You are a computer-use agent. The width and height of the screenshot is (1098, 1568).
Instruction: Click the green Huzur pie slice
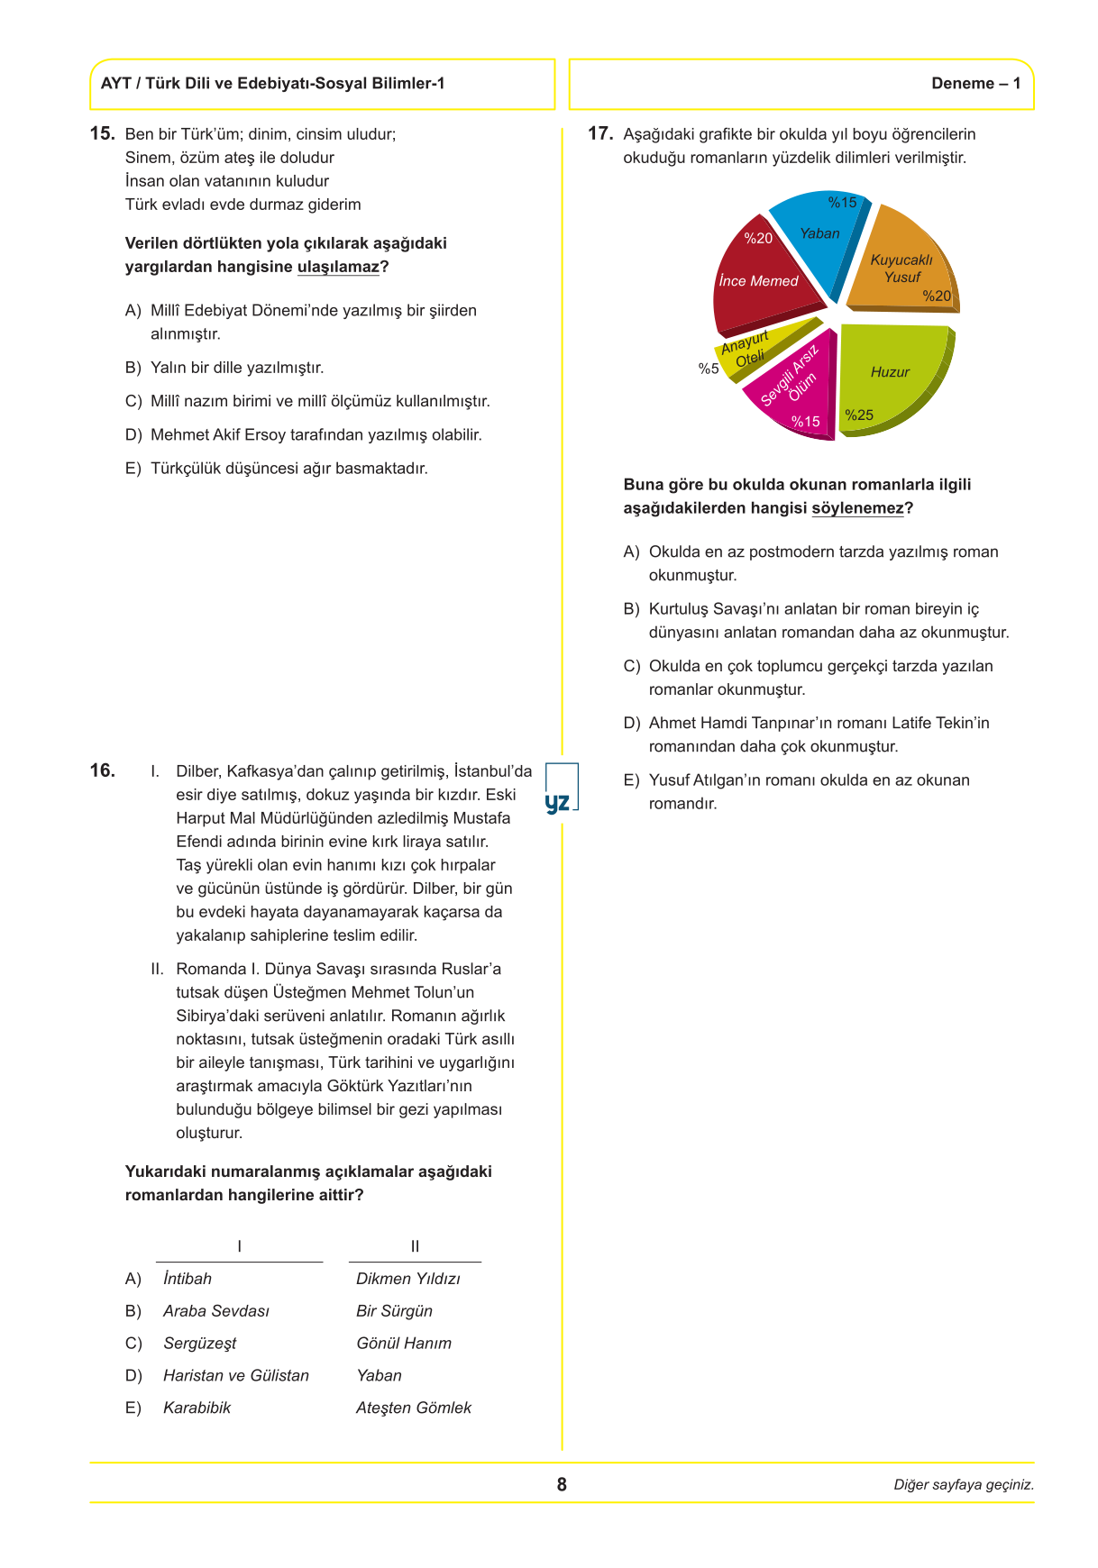click(x=892, y=374)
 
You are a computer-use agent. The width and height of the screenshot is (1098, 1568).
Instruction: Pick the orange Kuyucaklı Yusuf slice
click(x=906, y=266)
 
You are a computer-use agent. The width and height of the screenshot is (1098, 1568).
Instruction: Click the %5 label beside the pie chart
click(x=709, y=369)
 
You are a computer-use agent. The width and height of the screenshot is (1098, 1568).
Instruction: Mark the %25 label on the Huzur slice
click(x=859, y=415)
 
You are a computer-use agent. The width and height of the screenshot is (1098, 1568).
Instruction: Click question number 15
click(x=102, y=133)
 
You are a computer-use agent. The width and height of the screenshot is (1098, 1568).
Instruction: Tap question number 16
click(x=102, y=770)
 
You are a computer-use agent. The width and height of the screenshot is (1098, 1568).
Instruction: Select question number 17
click(x=600, y=133)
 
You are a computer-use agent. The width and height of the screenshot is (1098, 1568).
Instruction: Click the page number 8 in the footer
click(x=562, y=1484)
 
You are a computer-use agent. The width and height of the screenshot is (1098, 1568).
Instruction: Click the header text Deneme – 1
click(x=975, y=84)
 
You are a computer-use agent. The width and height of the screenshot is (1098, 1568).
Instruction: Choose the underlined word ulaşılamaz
click(x=338, y=267)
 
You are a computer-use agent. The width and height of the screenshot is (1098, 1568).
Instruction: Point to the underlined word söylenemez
click(x=857, y=508)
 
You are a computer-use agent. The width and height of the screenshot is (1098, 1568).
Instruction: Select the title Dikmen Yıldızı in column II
click(x=408, y=1279)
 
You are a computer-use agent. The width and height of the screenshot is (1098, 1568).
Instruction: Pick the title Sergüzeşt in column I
click(x=199, y=1344)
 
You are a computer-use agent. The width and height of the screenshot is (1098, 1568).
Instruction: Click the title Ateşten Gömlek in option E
click(x=414, y=1408)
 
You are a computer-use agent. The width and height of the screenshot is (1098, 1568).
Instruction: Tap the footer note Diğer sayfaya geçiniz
click(x=964, y=1485)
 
